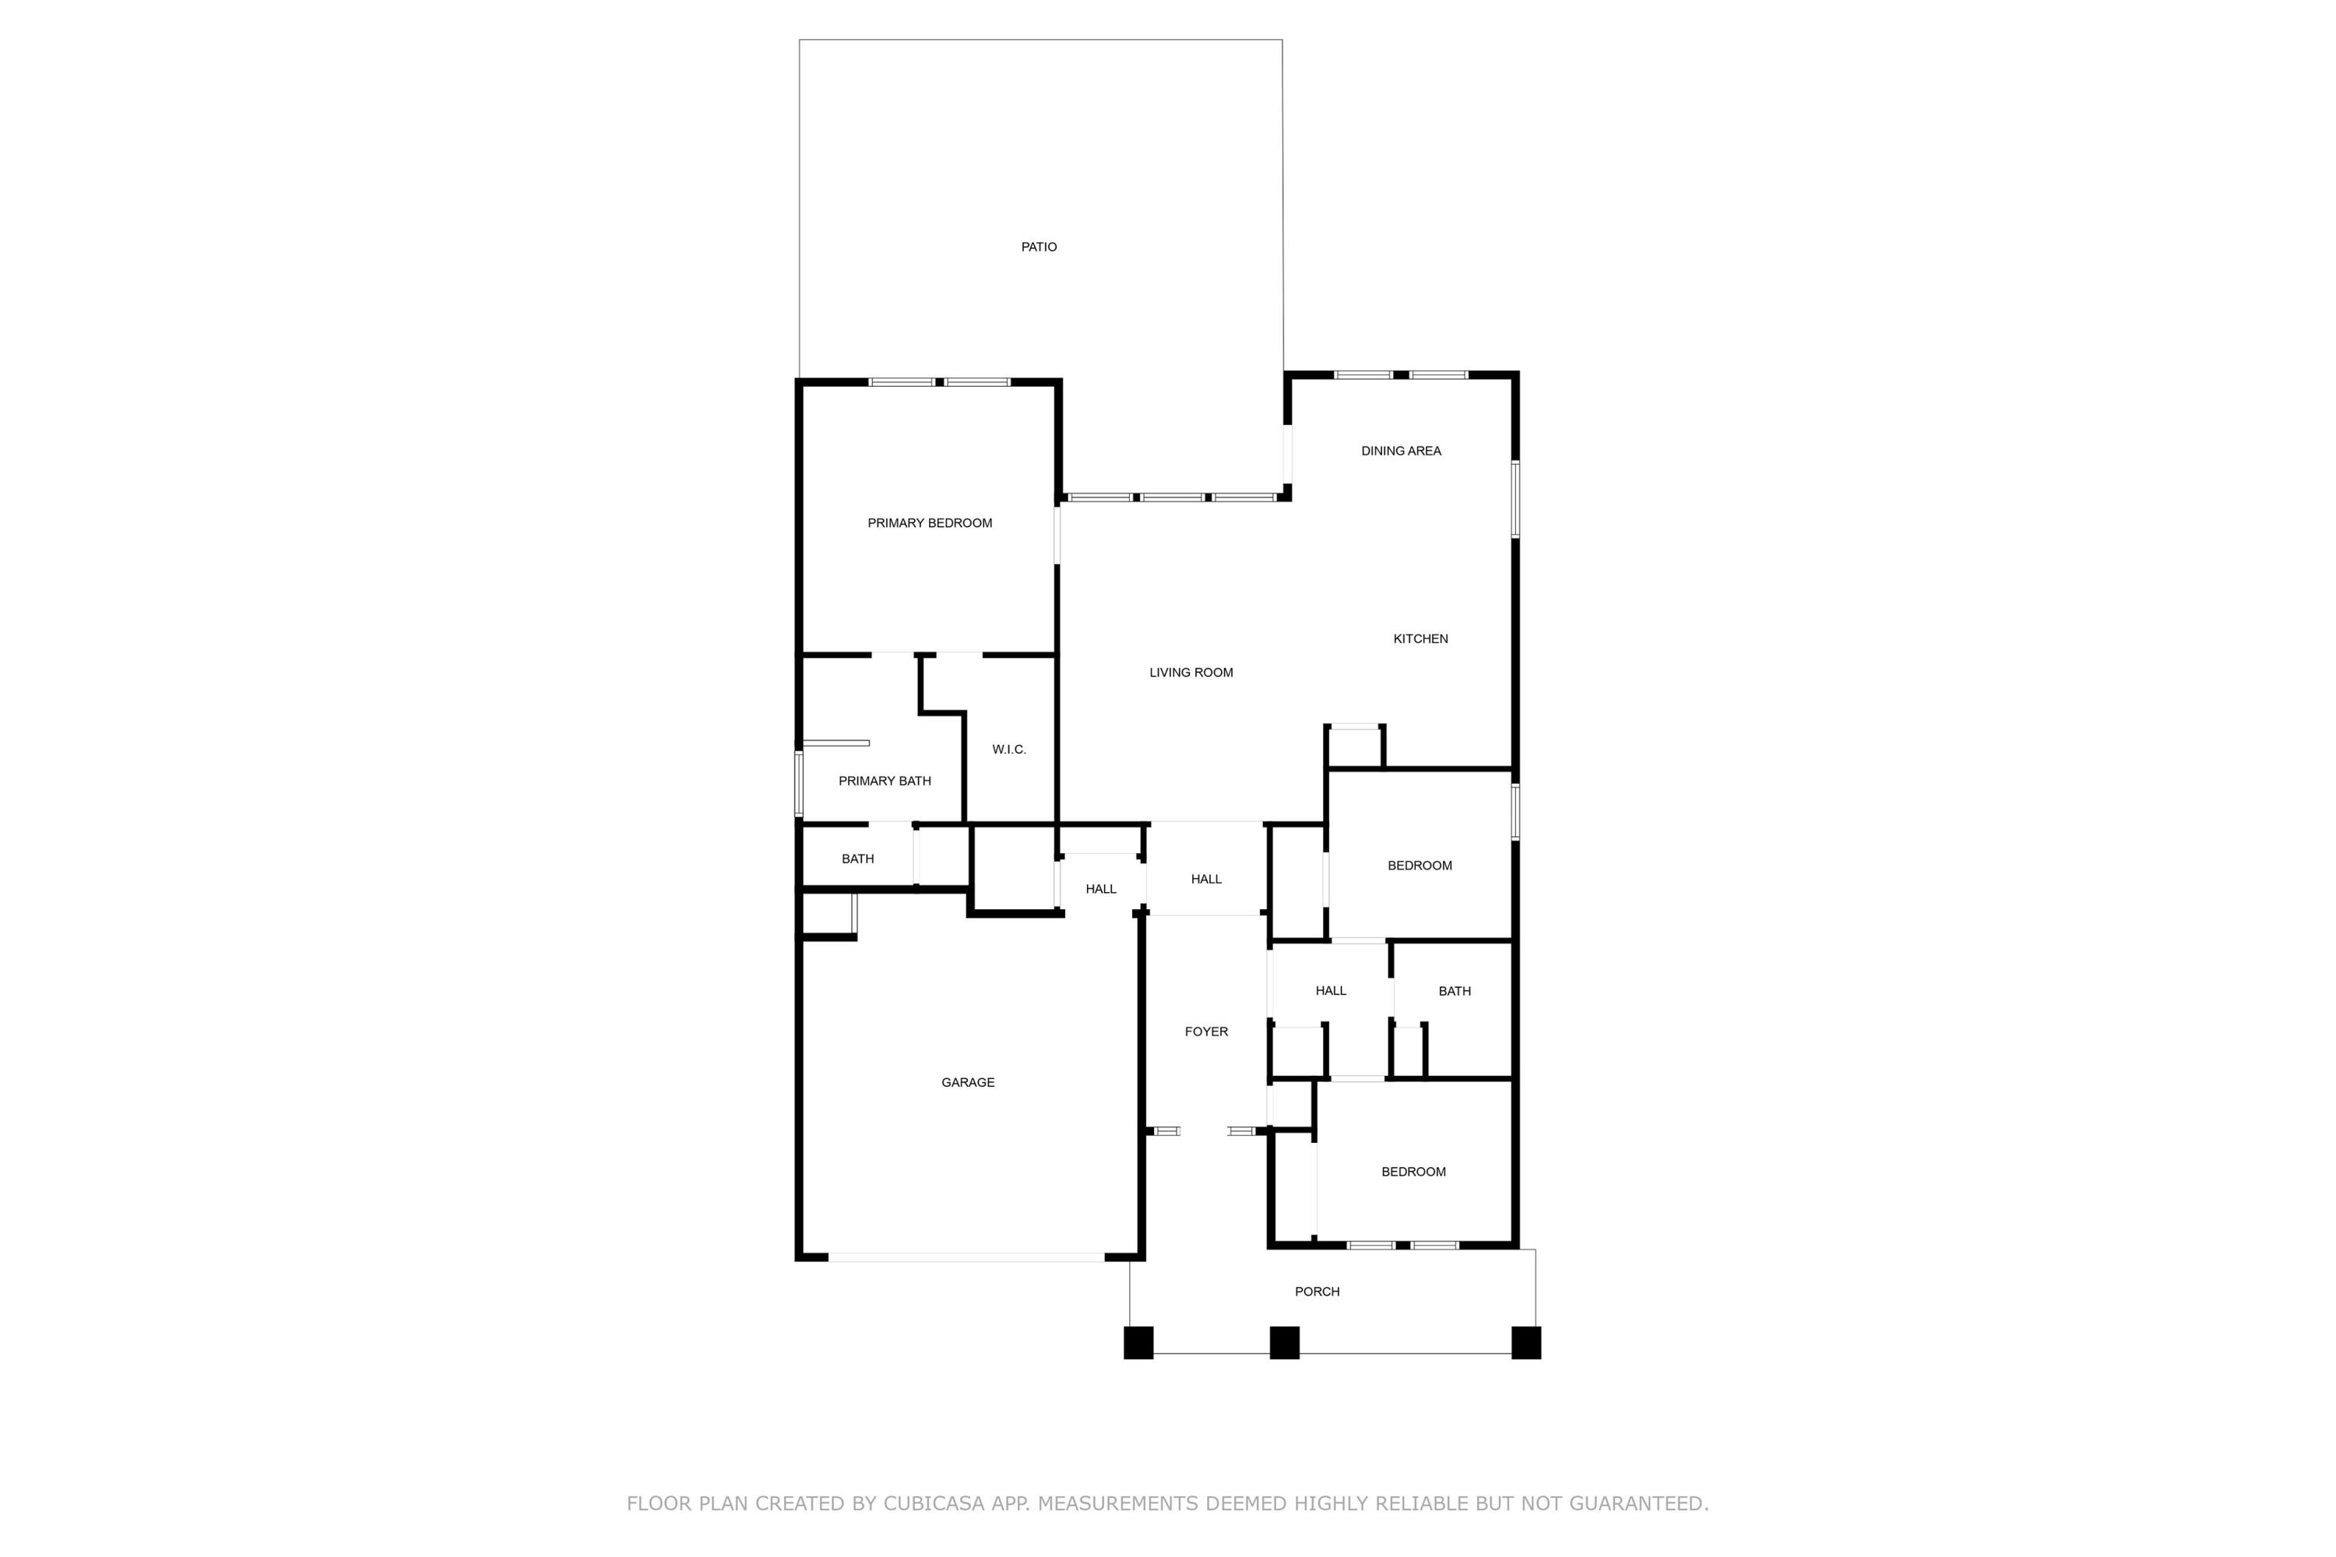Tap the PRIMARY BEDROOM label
(930, 523)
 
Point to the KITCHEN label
(1420, 638)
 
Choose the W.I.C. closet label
(1009, 750)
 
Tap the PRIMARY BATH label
(884, 782)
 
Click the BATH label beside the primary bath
(857, 859)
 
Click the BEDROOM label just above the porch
(1413, 1172)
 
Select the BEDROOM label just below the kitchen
(1420, 866)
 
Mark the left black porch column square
(1138, 1342)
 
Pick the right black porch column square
(1525, 1342)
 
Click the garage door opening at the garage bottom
(966, 1257)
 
